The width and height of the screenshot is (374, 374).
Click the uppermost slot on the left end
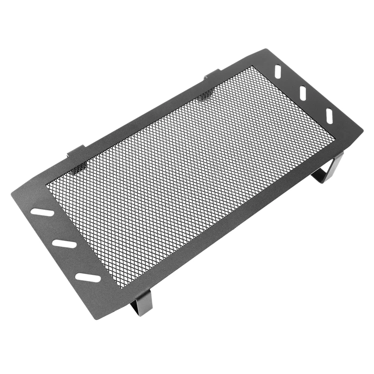42,212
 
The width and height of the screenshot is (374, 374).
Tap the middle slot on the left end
65,244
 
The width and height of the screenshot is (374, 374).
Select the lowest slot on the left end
88,277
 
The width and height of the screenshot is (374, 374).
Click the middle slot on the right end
303,92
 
